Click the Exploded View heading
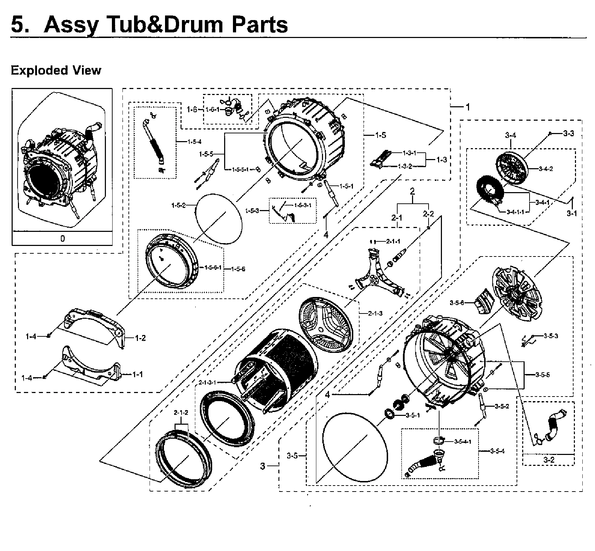click(x=56, y=70)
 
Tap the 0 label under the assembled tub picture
click(x=62, y=239)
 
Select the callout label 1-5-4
click(x=194, y=142)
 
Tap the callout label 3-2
click(x=549, y=460)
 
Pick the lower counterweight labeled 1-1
click(x=90, y=366)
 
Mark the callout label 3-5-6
click(x=457, y=303)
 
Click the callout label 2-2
click(x=428, y=213)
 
